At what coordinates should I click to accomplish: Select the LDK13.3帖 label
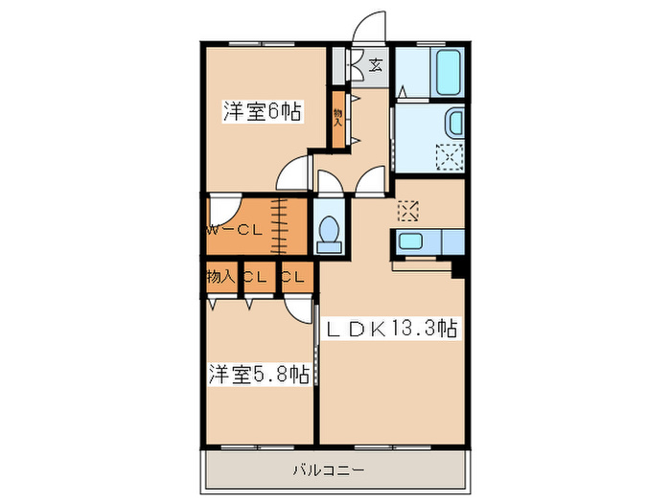pyautogui.click(x=393, y=329)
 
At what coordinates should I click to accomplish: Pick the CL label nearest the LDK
pyautogui.click(x=295, y=277)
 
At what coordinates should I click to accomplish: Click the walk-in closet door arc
pyautogui.click(x=221, y=208)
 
